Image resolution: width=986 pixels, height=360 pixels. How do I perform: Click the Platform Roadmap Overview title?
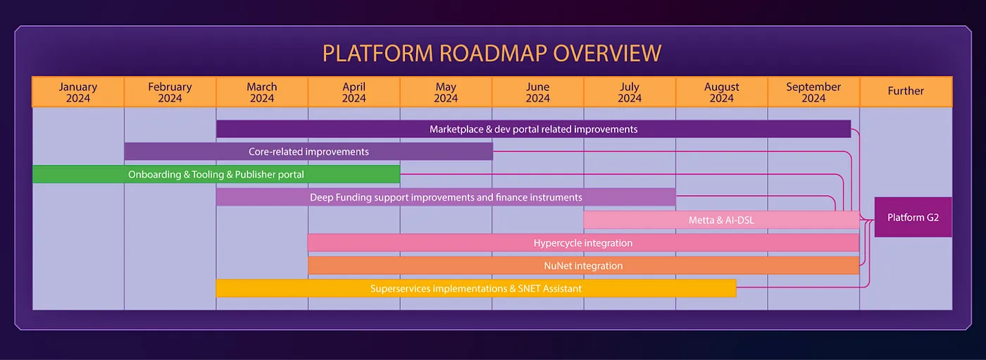[x=492, y=54]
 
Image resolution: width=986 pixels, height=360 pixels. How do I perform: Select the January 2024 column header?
[x=78, y=92]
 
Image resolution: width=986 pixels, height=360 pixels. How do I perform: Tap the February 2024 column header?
[x=170, y=92]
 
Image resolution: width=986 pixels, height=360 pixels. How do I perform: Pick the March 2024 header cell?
[x=262, y=92]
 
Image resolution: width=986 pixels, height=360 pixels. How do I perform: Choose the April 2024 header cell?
[x=354, y=92]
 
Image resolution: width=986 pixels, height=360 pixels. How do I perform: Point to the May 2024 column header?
[x=446, y=92]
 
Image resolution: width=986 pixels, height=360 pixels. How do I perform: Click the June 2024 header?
[x=537, y=92]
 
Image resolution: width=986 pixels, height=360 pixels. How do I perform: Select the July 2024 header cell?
[x=630, y=92]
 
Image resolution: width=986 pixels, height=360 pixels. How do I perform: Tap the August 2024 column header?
[x=721, y=92]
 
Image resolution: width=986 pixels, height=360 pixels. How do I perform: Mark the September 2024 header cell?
[x=813, y=92]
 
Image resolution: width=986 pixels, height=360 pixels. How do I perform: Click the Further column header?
[x=906, y=92]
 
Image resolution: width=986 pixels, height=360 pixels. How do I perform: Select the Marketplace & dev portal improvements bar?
[x=533, y=129]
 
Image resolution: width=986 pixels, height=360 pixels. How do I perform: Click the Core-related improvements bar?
[x=308, y=151]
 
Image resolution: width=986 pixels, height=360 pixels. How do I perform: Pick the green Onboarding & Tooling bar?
[x=216, y=174]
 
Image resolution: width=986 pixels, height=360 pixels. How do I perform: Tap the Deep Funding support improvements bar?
[x=446, y=197]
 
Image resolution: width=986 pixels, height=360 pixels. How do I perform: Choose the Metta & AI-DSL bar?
[x=721, y=220]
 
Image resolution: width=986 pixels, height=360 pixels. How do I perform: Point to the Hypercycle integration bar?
[x=583, y=243]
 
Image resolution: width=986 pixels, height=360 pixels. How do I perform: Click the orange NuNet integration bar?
[x=583, y=266]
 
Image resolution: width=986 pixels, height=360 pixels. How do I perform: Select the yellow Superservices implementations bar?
[x=476, y=288]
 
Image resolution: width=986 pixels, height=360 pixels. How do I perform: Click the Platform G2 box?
[x=913, y=217]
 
